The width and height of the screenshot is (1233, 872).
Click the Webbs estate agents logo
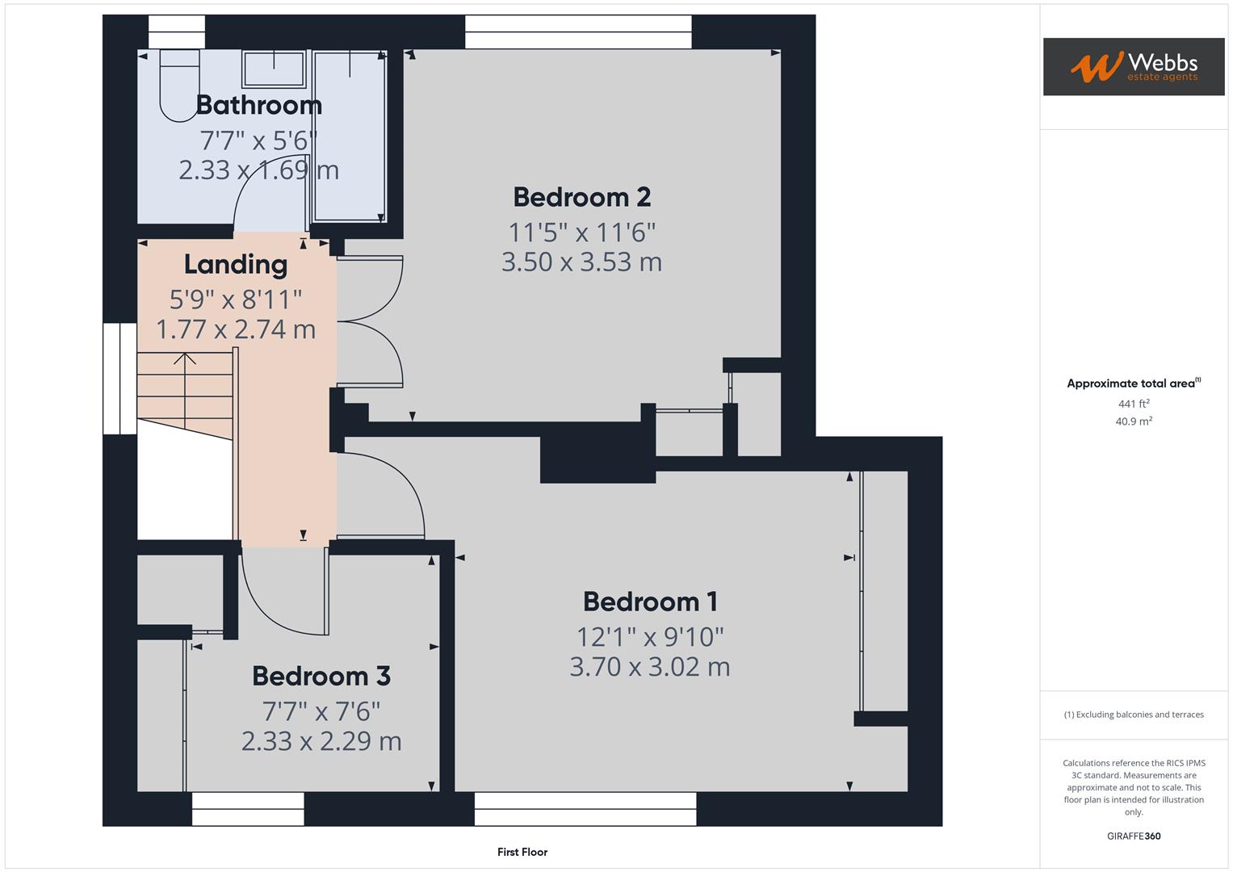[1133, 66]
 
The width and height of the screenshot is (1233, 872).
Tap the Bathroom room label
[258, 105]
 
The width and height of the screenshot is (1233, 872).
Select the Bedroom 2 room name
[581, 197]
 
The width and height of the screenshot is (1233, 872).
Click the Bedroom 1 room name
[650, 602]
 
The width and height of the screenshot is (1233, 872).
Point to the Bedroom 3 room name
[321, 676]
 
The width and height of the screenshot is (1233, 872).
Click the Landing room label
[235, 264]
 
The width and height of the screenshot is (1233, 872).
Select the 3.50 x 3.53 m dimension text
[581, 262]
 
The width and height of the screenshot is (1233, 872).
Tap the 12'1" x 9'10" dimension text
[650, 637]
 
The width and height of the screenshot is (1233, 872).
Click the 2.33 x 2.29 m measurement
[321, 741]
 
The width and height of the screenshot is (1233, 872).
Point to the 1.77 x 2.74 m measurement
[235, 329]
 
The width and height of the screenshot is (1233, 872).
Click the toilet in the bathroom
[178, 85]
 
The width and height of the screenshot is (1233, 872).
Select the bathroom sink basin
[274, 69]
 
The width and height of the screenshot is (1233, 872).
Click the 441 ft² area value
[1133, 404]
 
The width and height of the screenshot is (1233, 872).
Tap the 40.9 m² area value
[1133, 421]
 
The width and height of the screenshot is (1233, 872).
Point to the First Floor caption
[522, 852]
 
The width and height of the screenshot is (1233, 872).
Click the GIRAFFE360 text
[1133, 836]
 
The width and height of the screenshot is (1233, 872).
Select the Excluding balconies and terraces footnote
[1133, 715]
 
